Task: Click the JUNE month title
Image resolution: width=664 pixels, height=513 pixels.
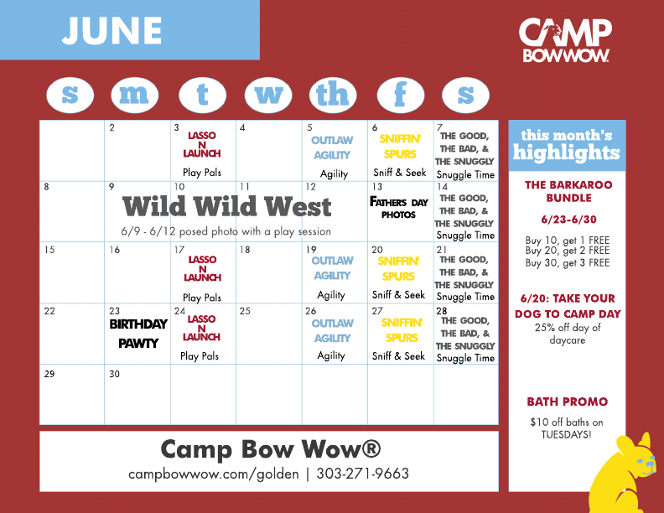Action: point(112,30)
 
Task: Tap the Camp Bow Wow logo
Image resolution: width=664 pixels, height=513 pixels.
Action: point(565,40)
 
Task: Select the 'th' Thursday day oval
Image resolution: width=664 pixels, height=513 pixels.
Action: point(333,95)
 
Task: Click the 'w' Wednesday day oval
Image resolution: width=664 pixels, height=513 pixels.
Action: point(268,95)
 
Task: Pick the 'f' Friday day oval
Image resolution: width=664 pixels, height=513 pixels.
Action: point(401,95)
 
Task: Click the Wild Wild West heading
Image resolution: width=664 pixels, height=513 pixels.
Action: point(226,206)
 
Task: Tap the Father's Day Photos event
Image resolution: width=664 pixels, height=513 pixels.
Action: point(399,208)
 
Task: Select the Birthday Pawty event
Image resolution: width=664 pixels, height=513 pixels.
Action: point(138,334)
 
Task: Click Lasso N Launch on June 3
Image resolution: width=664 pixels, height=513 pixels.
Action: point(202,144)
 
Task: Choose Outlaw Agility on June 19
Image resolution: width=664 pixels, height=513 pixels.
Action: point(333,268)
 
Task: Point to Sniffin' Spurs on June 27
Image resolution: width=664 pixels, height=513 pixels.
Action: point(402,330)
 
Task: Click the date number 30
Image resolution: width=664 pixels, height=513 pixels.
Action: point(114,374)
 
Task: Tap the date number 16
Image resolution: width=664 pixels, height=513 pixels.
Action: point(114,250)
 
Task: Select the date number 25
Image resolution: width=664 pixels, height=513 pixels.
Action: point(245,311)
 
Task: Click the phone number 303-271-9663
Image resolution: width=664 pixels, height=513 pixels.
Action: point(362,474)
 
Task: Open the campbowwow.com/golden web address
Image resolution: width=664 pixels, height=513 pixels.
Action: point(214,474)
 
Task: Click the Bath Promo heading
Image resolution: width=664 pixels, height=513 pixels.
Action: point(567,402)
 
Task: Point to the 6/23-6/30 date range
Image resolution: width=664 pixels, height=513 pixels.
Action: point(568,220)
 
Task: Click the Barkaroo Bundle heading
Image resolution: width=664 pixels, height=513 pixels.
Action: point(568,191)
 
